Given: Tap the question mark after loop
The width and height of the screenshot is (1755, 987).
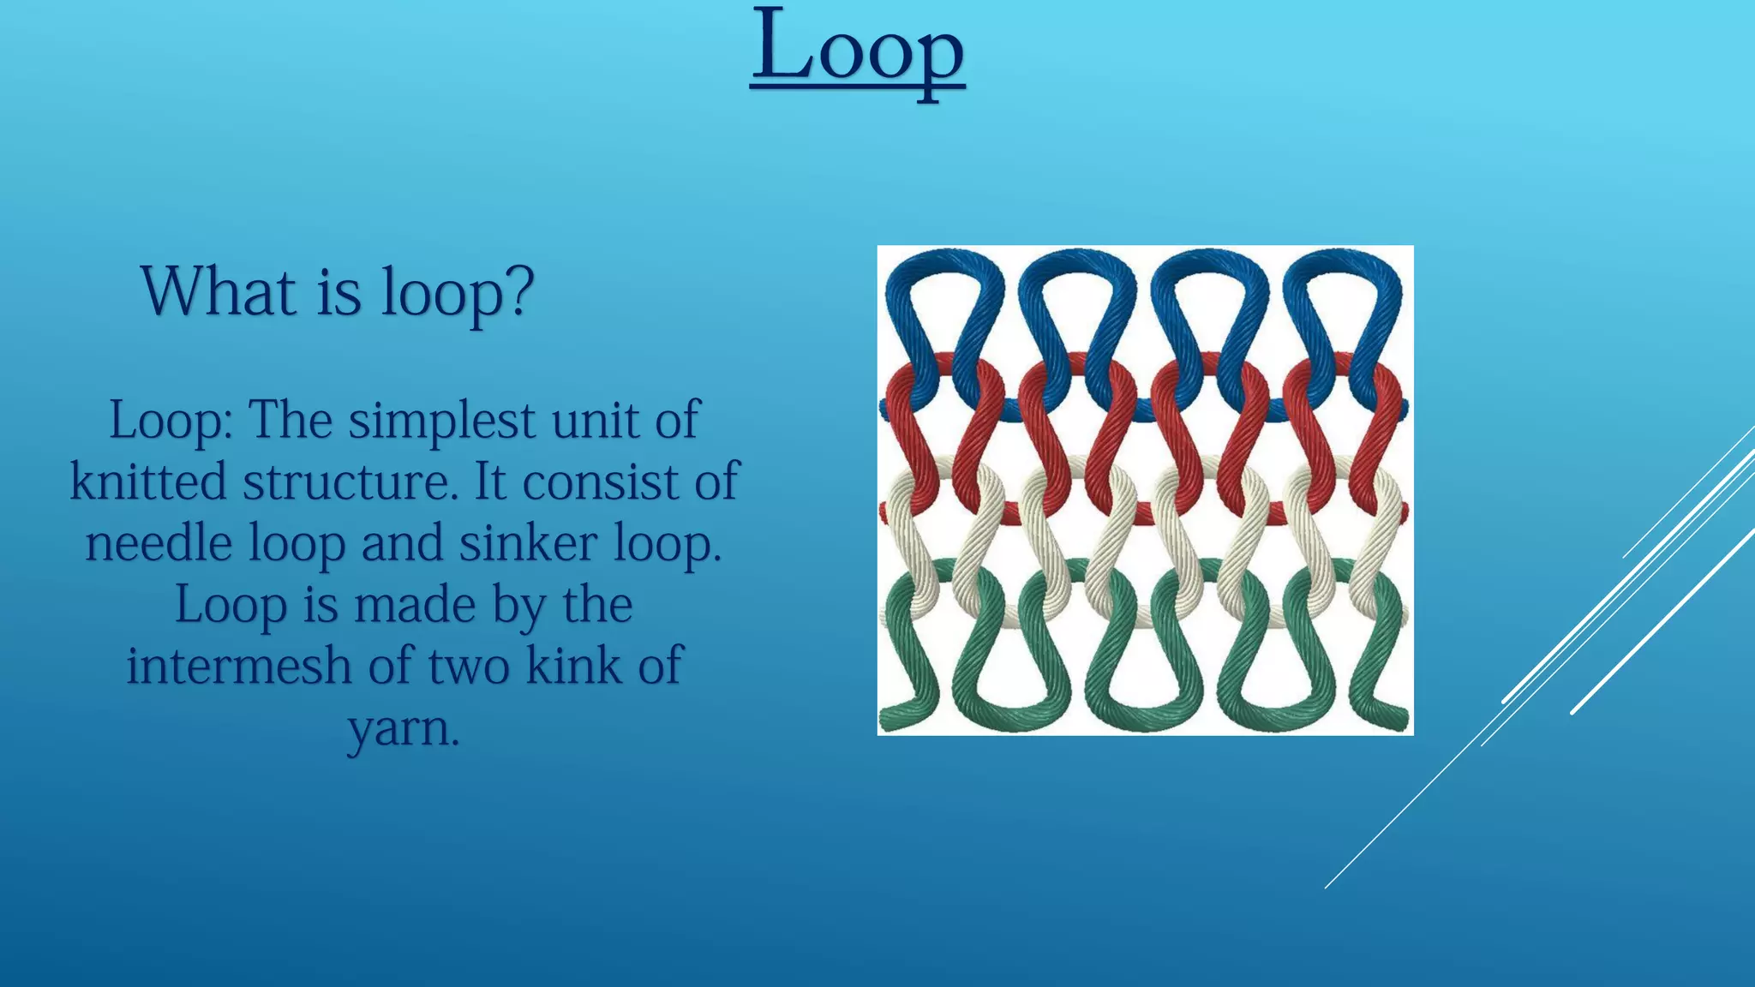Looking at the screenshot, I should coord(516,292).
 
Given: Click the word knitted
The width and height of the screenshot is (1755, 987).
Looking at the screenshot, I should coord(149,482).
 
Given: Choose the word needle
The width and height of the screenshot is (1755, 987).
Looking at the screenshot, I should coord(159,544).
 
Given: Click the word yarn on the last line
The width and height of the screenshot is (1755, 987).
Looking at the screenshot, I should coord(404,729).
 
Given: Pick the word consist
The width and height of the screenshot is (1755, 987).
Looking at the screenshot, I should coord(600,482).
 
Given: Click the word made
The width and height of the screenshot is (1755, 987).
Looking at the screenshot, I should coord(415,605).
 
